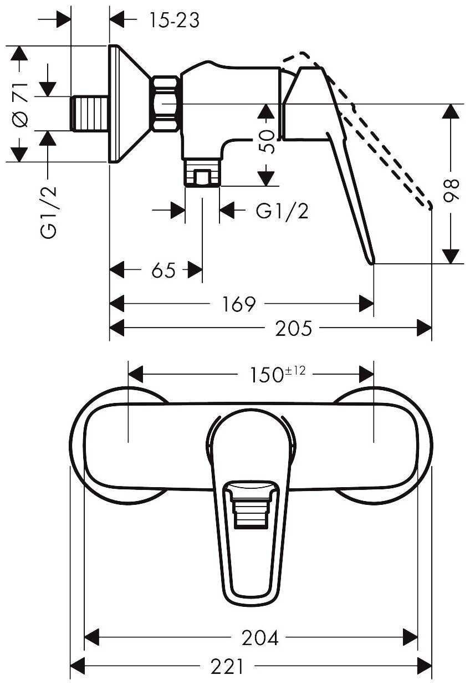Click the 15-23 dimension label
pyautogui.click(x=174, y=21)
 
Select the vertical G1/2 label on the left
pyautogui.click(x=48, y=212)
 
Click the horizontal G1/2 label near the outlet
pyautogui.click(x=282, y=211)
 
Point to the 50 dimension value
pyautogui.click(x=267, y=141)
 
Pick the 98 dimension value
pyautogui.click(x=451, y=191)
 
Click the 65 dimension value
pyautogui.click(x=164, y=270)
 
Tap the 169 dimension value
pyautogui.click(x=238, y=304)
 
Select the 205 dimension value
pyautogui.click(x=294, y=329)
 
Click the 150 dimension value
pyautogui.click(x=267, y=375)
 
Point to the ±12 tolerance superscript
pyautogui.click(x=295, y=371)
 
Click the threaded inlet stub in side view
pyautogui.click(x=90, y=114)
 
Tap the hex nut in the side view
pyautogui.click(x=165, y=104)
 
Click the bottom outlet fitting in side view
pyautogui.click(x=202, y=173)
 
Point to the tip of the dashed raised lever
pyautogui.click(x=431, y=208)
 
